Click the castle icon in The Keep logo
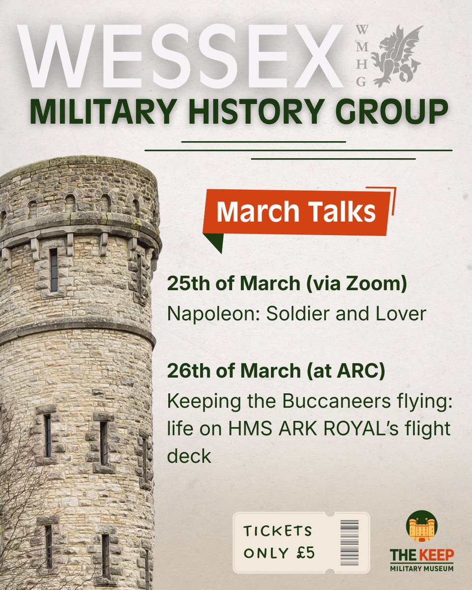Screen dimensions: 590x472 point(422,527)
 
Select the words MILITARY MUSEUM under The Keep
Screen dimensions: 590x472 point(422,568)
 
